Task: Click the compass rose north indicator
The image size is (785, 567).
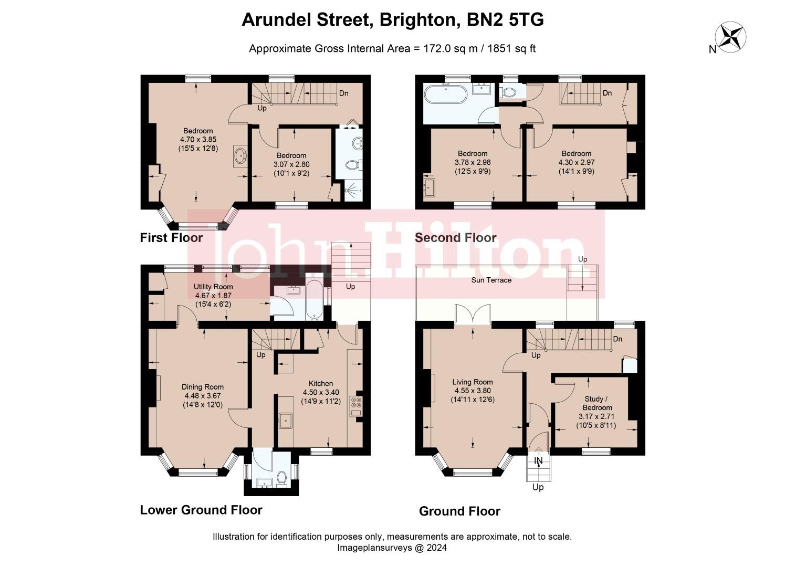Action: click(732, 37)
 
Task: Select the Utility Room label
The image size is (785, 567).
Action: click(213, 287)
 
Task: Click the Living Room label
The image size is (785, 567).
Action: click(473, 382)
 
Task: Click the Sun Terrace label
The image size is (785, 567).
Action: click(491, 280)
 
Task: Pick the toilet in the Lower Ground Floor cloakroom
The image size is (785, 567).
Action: click(281, 478)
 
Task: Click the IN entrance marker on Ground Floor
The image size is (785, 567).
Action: click(538, 461)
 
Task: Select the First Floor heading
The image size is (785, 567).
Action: click(171, 238)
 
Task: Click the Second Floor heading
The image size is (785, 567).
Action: click(455, 238)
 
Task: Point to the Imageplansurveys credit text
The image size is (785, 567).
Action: click(392, 548)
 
